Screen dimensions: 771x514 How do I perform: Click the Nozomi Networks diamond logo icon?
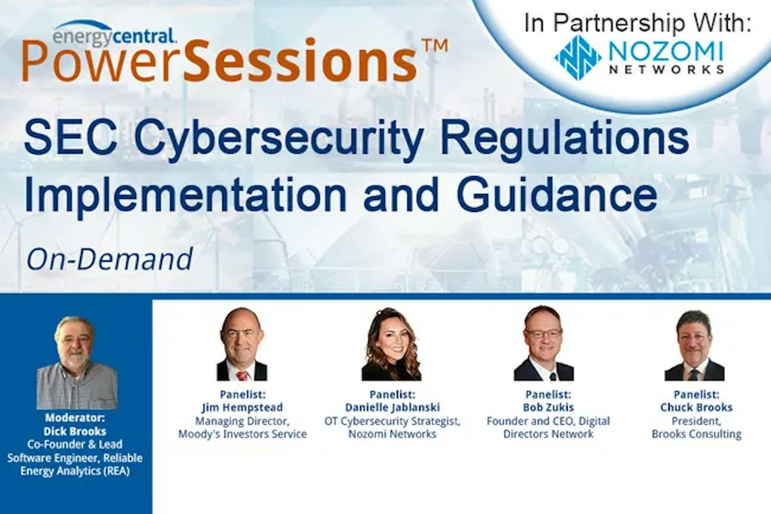click(578, 57)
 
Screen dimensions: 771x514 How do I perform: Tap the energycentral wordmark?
click(114, 35)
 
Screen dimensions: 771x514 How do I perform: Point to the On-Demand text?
click(109, 259)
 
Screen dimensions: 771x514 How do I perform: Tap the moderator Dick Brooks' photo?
click(77, 363)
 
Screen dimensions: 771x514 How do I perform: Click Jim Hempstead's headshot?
click(242, 344)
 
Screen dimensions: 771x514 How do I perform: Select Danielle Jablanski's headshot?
click(391, 344)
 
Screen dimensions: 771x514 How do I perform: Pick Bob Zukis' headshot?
click(544, 343)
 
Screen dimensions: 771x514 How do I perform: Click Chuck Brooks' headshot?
click(694, 345)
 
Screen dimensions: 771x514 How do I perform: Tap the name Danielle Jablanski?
click(392, 407)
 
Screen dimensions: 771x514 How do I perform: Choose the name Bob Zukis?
click(548, 407)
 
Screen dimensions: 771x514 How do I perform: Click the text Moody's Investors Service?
click(242, 434)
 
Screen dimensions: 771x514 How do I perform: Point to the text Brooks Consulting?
click(697, 434)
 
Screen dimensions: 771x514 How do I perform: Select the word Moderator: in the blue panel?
click(75, 418)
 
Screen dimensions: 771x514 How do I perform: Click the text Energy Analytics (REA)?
click(75, 471)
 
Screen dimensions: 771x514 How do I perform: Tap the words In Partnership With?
click(638, 23)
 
